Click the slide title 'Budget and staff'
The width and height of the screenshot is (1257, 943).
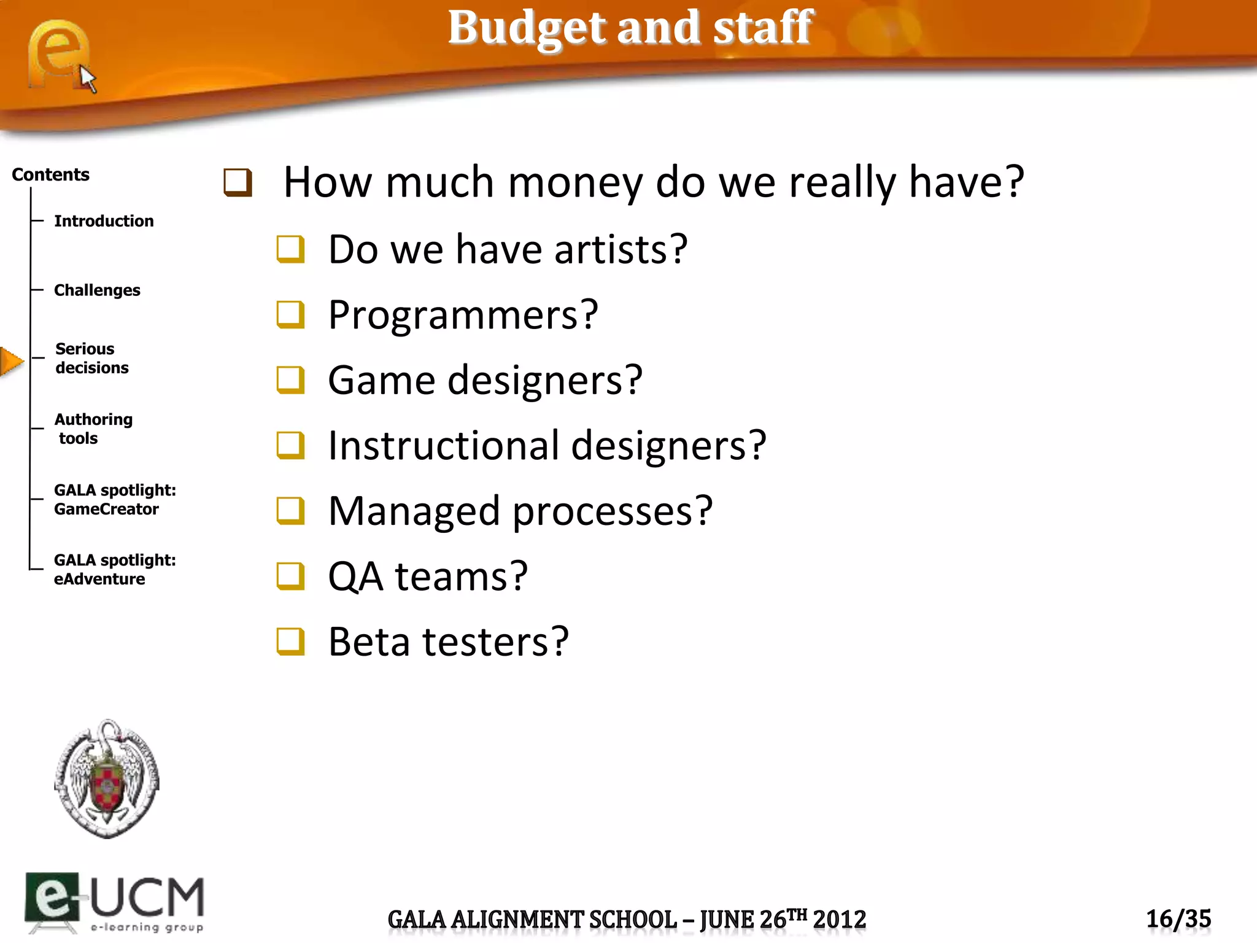(630, 28)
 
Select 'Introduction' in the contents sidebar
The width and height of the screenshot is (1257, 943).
(104, 221)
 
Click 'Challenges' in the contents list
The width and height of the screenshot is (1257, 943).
(97, 290)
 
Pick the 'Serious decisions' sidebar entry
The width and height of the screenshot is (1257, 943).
(91, 358)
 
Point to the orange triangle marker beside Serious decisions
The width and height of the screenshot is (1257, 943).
(11, 361)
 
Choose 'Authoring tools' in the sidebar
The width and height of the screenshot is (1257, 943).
(93, 429)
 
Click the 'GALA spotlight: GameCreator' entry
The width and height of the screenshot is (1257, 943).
(114, 499)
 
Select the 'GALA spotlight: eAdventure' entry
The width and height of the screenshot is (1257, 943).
(114, 569)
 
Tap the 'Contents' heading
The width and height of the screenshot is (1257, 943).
(50, 175)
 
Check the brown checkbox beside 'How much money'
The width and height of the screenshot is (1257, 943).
(238, 183)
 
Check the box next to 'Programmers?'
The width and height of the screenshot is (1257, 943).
(290, 315)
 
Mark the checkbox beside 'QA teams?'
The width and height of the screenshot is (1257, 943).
(290, 576)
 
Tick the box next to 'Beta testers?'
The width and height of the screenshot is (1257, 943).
(290, 642)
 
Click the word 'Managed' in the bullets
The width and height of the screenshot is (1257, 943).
(414, 511)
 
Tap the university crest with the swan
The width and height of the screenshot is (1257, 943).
(107, 778)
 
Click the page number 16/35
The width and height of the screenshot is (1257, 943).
(1178, 919)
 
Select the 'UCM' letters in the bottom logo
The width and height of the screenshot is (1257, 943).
(147, 898)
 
